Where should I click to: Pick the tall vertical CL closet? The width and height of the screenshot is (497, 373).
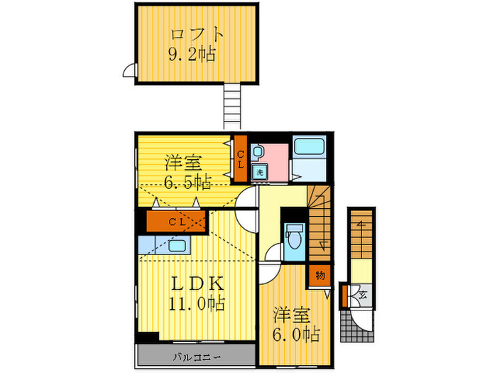tap(241, 157)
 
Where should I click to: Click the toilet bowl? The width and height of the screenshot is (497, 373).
tap(295, 239)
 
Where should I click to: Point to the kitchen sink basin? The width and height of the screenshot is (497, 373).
tap(177, 246)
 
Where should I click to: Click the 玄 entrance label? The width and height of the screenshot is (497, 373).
tap(361, 293)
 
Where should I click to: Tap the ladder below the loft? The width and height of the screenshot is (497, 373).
tap(234, 107)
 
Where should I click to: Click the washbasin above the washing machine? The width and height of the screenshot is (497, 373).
tap(258, 151)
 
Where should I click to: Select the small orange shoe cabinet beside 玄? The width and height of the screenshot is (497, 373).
tap(344, 294)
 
